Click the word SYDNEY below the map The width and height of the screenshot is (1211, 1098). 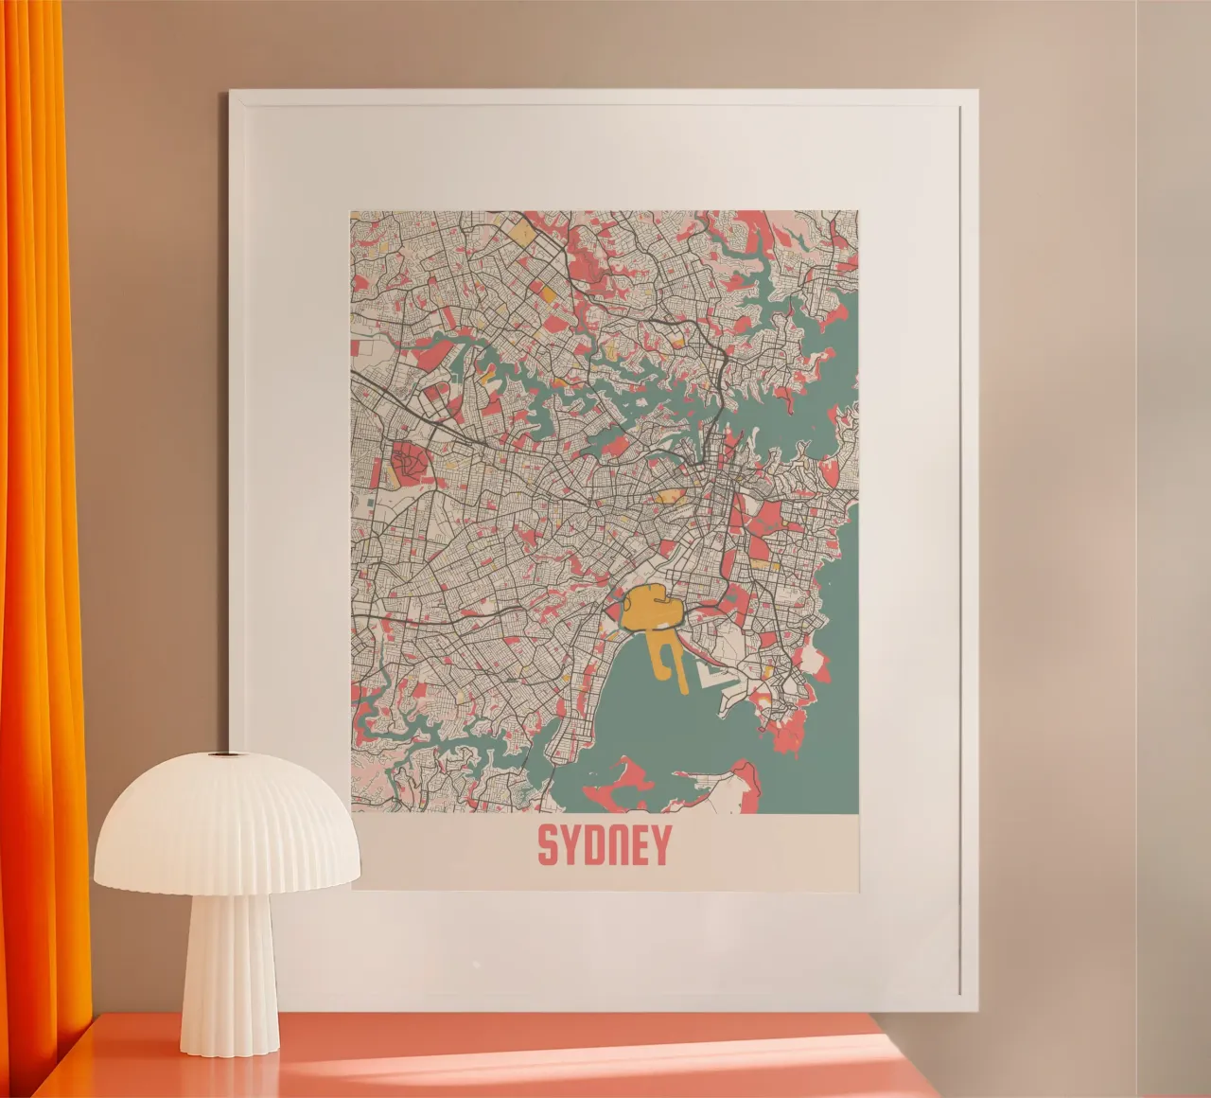[x=604, y=845]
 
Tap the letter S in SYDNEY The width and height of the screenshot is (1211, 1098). [x=548, y=845]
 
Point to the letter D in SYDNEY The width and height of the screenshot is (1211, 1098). [x=593, y=845]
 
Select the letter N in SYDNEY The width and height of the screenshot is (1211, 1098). [x=616, y=845]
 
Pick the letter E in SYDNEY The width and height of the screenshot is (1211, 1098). [x=638, y=845]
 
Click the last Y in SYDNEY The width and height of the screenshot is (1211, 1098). [x=659, y=845]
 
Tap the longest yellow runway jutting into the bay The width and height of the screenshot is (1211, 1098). [x=678, y=665]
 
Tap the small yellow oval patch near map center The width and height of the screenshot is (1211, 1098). [x=670, y=494]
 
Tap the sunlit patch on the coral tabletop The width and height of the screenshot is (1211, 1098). [x=804, y=1065]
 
